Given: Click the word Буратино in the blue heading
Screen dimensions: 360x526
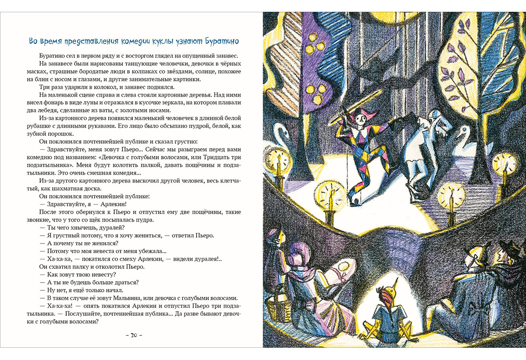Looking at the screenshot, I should pyautogui.click(x=220, y=42).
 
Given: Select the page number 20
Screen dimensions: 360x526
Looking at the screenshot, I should pyautogui.click(x=135, y=335).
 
